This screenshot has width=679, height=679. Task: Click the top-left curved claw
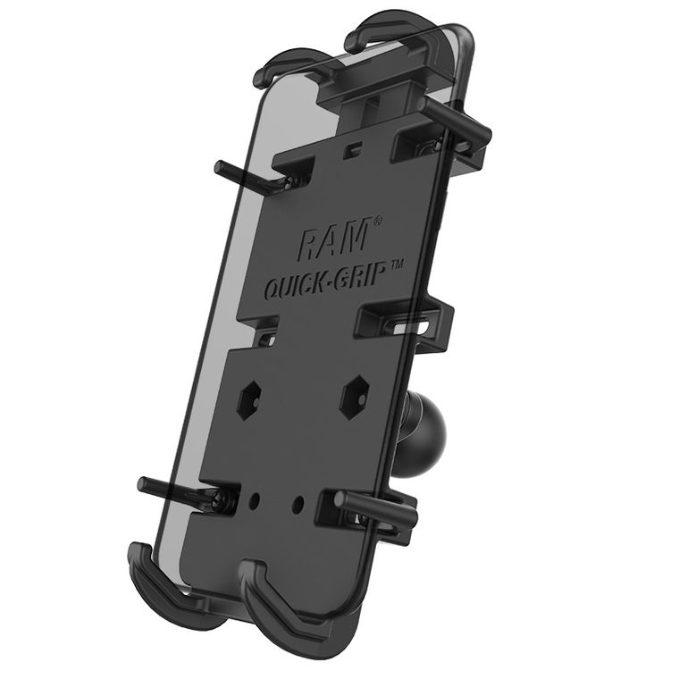[x=288, y=63]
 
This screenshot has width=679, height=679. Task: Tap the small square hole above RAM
[x=356, y=145]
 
